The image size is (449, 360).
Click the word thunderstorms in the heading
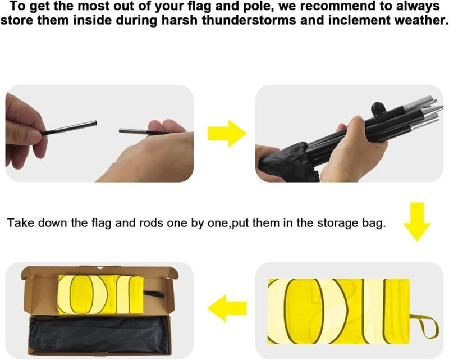pyautogui.click(x=249, y=20)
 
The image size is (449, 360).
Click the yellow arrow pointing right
pyautogui.click(x=227, y=134)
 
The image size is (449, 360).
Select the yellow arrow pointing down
pyautogui.click(x=417, y=222)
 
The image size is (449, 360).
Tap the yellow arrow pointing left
pyautogui.click(x=227, y=308)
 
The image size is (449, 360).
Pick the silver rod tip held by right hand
pyautogui.click(x=133, y=131)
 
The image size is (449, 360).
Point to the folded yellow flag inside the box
pyautogui.click(x=101, y=295)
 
